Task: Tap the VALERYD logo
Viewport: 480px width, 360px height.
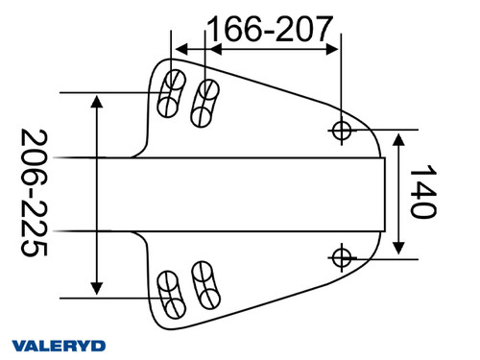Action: (x=59, y=344)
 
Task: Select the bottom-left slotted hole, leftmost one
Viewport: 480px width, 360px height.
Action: (x=171, y=292)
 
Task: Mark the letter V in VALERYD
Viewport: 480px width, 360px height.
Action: (x=19, y=344)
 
